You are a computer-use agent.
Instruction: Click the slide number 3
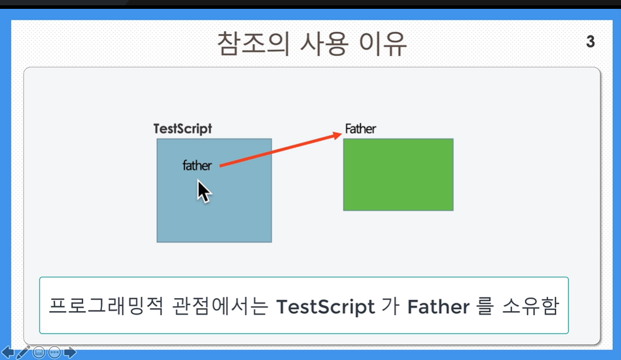[x=590, y=42]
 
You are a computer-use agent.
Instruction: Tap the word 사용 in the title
[x=324, y=44]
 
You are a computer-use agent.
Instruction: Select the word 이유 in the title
[x=383, y=44]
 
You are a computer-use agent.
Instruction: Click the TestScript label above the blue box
[x=183, y=129]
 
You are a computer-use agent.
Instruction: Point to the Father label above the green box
[x=360, y=129]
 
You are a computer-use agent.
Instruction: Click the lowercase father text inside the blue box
[x=197, y=165]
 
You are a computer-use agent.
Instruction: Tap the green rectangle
[x=398, y=175]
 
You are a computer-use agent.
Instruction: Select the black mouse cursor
[x=203, y=191]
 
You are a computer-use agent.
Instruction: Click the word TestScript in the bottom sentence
[x=326, y=307]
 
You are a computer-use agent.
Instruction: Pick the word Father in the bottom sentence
[x=438, y=307]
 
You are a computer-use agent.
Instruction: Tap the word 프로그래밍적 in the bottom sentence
[x=106, y=306]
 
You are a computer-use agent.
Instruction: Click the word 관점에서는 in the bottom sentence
[x=220, y=306]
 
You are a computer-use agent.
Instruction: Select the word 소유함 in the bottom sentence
[x=531, y=306]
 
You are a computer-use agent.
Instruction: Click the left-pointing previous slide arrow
[x=8, y=352]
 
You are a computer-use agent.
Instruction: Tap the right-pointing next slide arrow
[x=70, y=352]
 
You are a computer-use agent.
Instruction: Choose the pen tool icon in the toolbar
[x=23, y=352]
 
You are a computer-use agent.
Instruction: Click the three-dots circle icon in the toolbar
[x=54, y=352]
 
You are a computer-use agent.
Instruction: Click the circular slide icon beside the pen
[x=39, y=352]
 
